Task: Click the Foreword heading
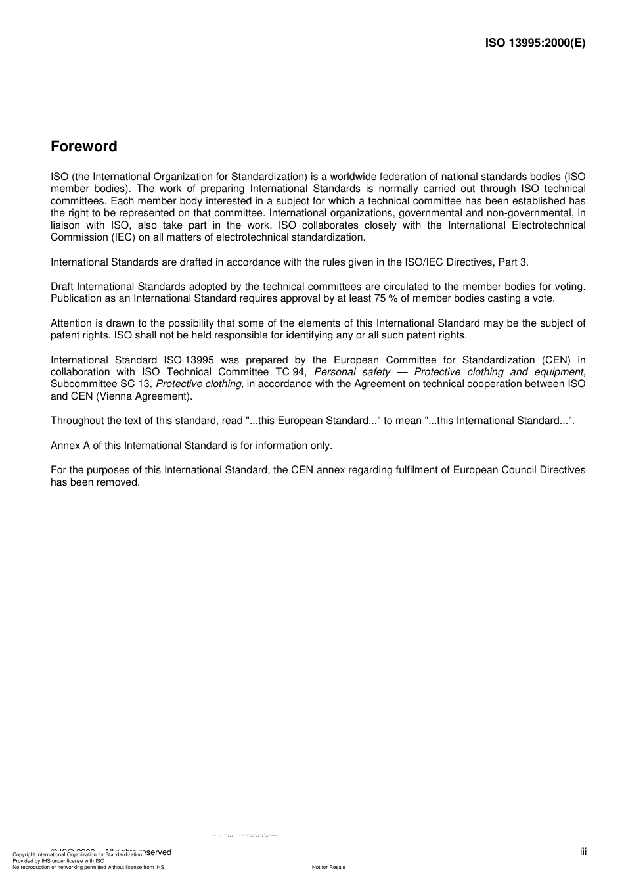[x=83, y=147]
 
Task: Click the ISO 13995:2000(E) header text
[x=535, y=43]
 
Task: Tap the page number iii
[x=583, y=852]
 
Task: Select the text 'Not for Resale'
[x=328, y=867]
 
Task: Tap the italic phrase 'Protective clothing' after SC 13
[x=199, y=384]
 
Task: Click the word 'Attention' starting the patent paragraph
[x=72, y=323]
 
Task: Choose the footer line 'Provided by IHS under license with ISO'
[x=58, y=861]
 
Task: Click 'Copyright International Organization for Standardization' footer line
[x=77, y=855]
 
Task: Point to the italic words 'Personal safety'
[x=352, y=372]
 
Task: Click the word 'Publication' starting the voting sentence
[x=76, y=298]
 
